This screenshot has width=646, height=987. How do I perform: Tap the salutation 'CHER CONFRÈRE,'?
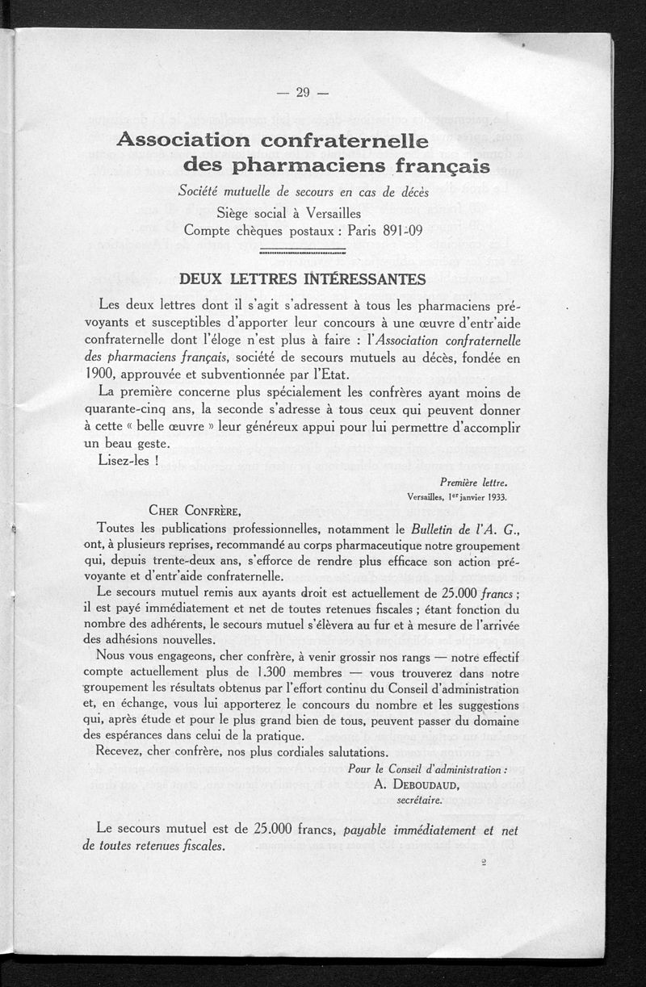tap(194, 510)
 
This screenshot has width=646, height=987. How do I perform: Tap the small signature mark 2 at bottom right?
tap(482, 862)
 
